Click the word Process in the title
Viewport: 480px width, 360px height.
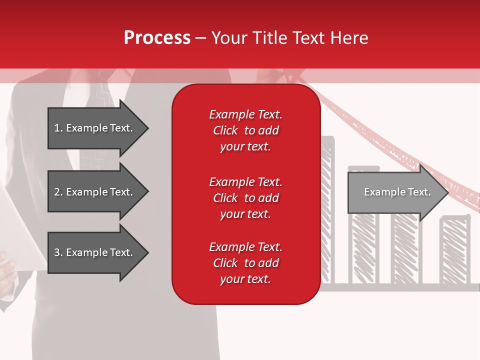pyautogui.click(x=157, y=38)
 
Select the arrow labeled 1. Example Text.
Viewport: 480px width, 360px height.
pyautogui.click(x=95, y=128)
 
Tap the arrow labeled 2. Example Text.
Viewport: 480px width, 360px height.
pyautogui.click(x=95, y=192)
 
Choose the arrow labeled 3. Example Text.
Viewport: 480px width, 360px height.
pyautogui.click(x=95, y=252)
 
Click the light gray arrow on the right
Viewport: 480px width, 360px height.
pyautogui.click(x=395, y=192)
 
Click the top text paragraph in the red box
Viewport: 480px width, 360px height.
pyautogui.click(x=245, y=130)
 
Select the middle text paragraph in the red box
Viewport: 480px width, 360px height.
pyautogui.click(x=245, y=198)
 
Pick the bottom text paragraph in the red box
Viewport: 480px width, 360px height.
pyautogui.click(x=245, y=263)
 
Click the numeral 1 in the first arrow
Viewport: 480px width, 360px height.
pyautogui.click(x=57, y=128)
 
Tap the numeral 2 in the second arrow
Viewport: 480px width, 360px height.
pyautogui.click(x=57, y=192)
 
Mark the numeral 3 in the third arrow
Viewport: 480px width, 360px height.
pyautogui.click(x=57, y=252)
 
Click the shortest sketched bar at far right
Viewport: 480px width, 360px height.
pyautogui.click(x=455, y=250)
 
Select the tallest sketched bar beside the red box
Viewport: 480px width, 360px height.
pyautogui.click(x=327, y=210)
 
